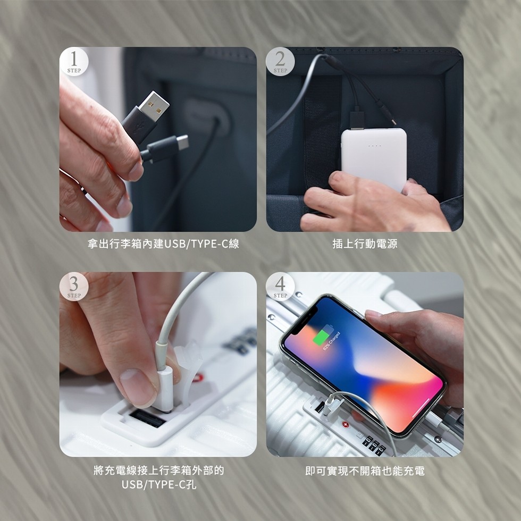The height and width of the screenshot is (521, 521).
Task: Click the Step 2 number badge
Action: pos(280,61)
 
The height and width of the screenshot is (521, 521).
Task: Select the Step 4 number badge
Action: pos(280,286)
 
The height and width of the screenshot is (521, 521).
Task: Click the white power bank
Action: pos(373,158)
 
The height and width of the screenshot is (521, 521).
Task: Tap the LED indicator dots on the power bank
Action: pos(374,146)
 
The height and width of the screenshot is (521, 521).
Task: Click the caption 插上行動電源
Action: pos(365,244)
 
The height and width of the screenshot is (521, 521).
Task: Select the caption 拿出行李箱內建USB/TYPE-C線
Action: pos(163,244)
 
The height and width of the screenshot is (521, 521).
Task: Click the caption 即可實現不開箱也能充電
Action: pos(365,470)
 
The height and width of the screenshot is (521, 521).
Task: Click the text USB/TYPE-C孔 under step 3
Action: pos(158,484)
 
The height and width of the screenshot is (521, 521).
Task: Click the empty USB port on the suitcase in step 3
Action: pos(146,419)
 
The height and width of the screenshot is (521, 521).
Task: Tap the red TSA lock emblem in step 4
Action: pos(346,426)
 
